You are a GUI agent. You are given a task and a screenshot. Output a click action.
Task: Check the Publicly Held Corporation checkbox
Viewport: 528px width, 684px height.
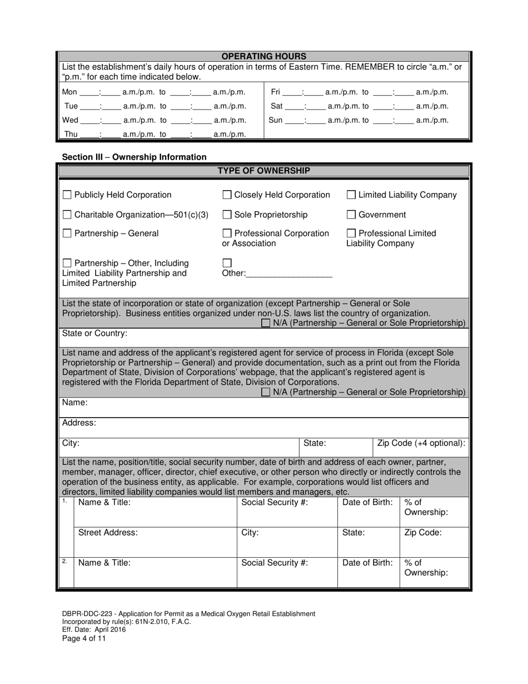click(x=67, y=195)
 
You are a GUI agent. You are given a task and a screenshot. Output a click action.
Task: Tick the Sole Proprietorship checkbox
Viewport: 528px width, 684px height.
click(x=227, y=215)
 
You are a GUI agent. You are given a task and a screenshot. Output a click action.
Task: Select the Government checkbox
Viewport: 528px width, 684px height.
click(x=351, y=215)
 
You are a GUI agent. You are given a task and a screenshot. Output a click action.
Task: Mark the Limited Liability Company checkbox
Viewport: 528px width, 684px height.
click(x=351, y=195)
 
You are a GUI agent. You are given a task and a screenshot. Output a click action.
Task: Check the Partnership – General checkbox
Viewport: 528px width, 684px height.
click(x=67, y=234)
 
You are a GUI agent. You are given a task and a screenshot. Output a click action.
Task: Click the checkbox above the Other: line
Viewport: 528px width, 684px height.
click(x=227, y=263)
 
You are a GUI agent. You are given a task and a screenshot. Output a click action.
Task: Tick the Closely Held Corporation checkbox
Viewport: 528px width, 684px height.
click(x=227, y=195)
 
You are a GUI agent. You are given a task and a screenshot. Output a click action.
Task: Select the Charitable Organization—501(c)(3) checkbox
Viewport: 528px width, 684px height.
click(x=67, y=215)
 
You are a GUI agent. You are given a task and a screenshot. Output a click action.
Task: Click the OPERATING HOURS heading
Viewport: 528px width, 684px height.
click(x=264, y=56)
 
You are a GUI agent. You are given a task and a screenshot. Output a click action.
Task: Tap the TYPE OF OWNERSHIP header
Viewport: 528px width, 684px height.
click(x=264, y=171)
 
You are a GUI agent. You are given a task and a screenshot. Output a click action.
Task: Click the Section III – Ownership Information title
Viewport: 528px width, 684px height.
click(x=134, y=157)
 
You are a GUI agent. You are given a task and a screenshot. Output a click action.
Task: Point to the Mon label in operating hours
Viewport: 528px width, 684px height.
click(x=69, y=92)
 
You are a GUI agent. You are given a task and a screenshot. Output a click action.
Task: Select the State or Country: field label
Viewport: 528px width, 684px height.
click(x=94, y=334)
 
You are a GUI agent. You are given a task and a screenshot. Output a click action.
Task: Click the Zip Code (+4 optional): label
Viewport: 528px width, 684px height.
click(x=421, y=443)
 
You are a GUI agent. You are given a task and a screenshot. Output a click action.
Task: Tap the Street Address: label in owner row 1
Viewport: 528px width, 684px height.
click(x=108, y=532)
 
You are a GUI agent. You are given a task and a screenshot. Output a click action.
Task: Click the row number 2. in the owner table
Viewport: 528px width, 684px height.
click(x=65, y=561)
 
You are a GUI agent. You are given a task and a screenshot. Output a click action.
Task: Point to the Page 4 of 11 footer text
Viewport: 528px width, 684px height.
click(x=84, y=638)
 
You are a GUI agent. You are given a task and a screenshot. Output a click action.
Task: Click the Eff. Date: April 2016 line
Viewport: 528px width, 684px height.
click(x=94, y=630)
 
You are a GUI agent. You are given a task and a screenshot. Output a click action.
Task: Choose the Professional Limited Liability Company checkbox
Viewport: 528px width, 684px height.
click(x=351, y=234)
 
